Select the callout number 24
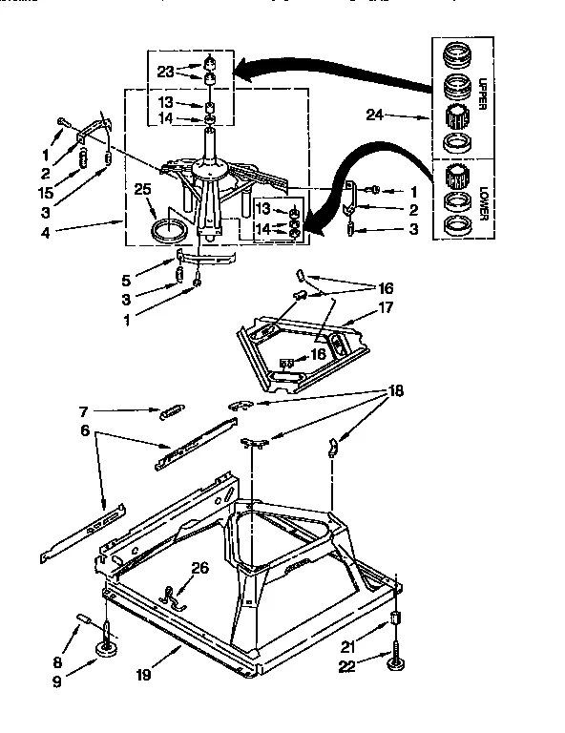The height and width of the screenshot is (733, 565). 376,115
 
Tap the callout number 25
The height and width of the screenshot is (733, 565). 144,188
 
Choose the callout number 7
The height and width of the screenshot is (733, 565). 85,411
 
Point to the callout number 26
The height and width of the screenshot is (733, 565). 199,569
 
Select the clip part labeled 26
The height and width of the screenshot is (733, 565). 175,598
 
